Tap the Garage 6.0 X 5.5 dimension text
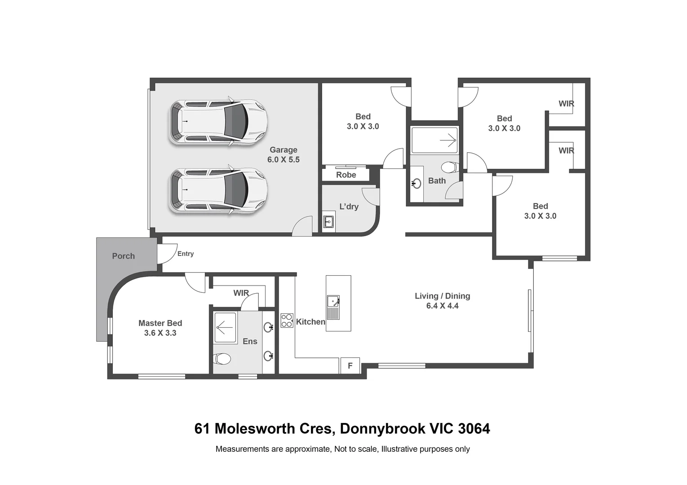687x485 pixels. (x=283, y=159)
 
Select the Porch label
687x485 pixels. (x=123, y=256)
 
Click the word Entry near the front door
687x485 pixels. (x=185, y=254)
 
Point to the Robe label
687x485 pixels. (x=346, y=175)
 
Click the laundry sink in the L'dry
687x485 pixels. (x=328, y=221)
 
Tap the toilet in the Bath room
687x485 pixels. (x=449, y=168)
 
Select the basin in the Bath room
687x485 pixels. (x=417, y=183)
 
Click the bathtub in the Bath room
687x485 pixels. (x=434, y=141)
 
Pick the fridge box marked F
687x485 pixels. (x=350, y=366)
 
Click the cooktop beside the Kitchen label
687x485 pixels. (x=287, y=320)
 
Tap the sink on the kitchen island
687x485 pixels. (x=333, y=307)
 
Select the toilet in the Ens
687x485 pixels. (x=222, y=359)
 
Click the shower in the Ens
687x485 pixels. (x=224, y=327)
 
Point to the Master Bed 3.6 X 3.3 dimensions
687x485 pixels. (x=160, y=333)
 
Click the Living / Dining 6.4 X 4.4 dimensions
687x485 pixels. (x=442, y=306)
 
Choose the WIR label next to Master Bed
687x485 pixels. (x=241, y=293)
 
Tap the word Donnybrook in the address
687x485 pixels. (x=382, y=429)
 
